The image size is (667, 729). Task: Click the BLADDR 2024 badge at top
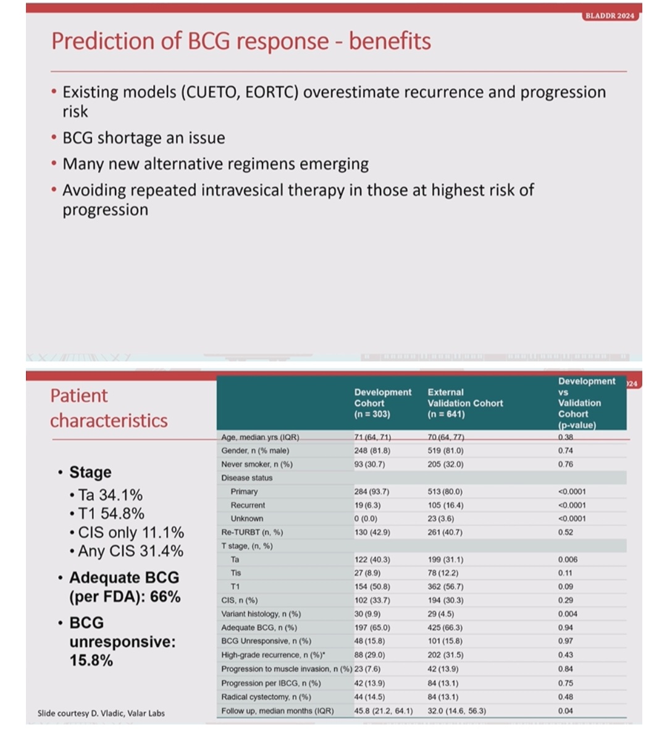click(610, 16)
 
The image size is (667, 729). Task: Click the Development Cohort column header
click(383, 403)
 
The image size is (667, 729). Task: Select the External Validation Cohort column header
click(465, 403)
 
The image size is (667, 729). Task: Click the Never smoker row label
click(257, 464)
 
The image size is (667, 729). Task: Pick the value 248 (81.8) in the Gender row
click(372, 451)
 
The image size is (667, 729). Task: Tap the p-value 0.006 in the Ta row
click(568, 560)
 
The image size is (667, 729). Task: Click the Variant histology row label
click(261, 614)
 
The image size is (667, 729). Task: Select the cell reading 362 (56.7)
click(445, 587)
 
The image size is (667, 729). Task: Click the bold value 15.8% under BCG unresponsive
click(91, 660)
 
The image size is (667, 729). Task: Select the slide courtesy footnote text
click(101, 713)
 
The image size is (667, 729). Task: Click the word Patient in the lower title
click(79, 396)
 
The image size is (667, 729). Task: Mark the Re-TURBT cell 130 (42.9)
click(372, 532)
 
